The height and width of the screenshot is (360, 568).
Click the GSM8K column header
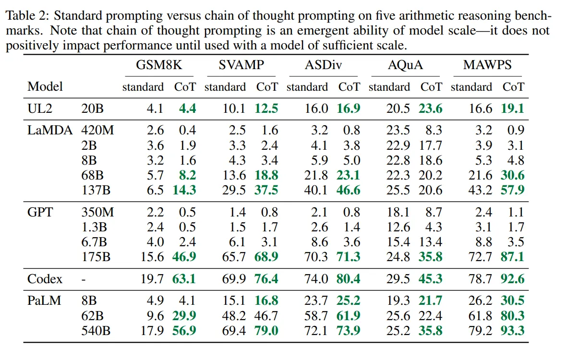click(x=159, y=65)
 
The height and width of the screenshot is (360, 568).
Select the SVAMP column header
click(x=241, y=65)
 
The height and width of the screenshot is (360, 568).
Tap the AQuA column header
click(x=405, y=65)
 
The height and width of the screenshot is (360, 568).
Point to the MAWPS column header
click(x=487, y=65)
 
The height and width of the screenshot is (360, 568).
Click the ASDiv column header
click(x=323, y=65)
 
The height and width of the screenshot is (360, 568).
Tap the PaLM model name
click(x=42, y=301)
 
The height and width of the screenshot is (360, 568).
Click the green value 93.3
click(x=513, y=331)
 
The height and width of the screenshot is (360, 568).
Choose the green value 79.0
click(x=266, y=331)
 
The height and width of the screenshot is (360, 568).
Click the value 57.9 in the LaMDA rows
click(x=513, y=190)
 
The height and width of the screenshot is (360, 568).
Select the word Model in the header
click(x=45, y=87)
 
